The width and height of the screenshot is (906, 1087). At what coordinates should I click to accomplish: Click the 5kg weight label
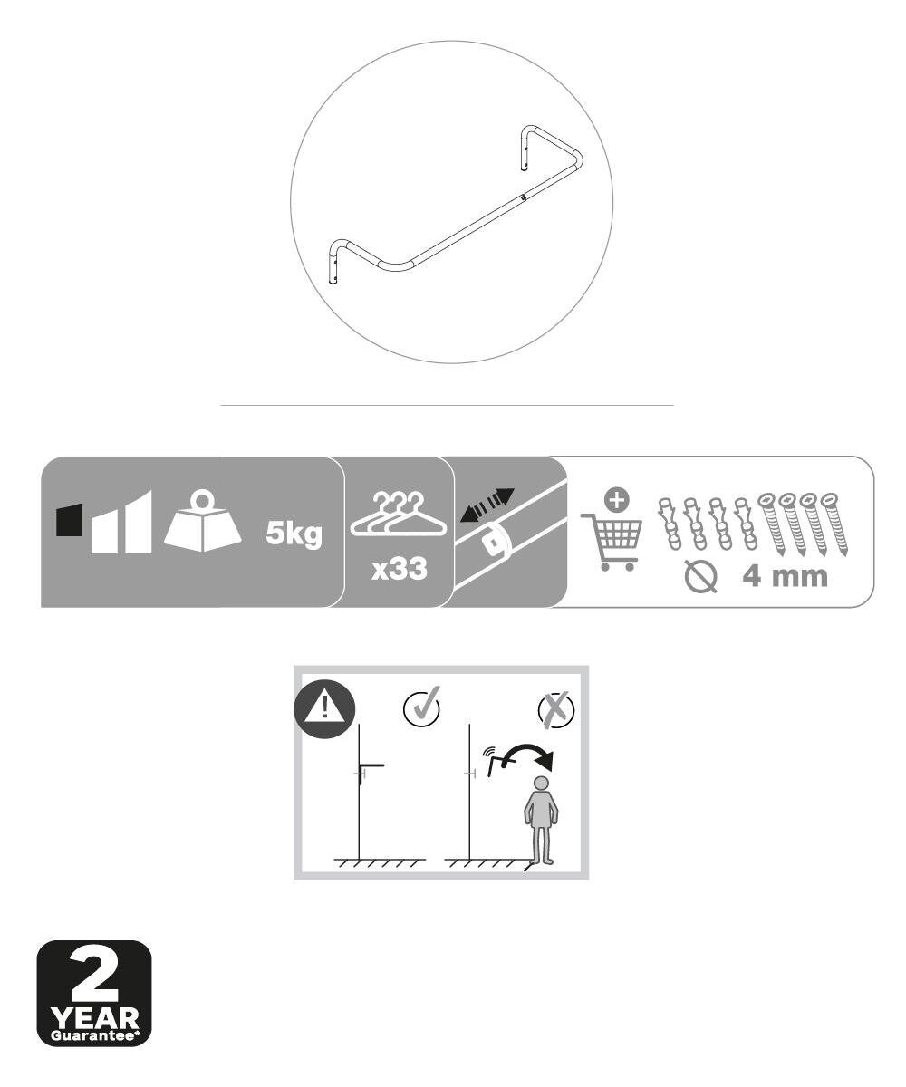[x=294, y=534]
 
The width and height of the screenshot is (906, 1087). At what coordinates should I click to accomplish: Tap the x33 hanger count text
[x=400, y=569]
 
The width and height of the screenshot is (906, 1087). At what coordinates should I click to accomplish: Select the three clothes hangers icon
[x=399, y=514]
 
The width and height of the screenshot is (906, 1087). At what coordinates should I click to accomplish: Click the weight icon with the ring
[x=202, y=520]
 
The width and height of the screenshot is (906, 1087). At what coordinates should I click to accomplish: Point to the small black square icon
[x=69, y=520]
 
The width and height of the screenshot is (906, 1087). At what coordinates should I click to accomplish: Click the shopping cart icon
[x=612, y=542]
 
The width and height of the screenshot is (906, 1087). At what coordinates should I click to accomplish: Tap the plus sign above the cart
[x=616, y=501]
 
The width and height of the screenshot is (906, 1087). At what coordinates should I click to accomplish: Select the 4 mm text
[x=785, y=577]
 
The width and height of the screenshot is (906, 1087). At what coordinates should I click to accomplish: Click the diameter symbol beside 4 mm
[x=700, y=577]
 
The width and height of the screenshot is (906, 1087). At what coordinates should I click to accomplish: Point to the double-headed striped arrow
[x=487, y=505]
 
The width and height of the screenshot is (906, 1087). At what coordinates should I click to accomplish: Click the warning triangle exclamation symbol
[x=324, y=709]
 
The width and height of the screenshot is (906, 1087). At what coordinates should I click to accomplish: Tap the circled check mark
[x=422, y=707]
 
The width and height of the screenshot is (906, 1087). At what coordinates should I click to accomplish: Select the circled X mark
[x=556, y=709]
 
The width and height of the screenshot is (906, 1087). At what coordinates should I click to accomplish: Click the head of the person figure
[x=542, y=784]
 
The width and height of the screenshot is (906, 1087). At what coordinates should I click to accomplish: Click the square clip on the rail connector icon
[x=492, y=543]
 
